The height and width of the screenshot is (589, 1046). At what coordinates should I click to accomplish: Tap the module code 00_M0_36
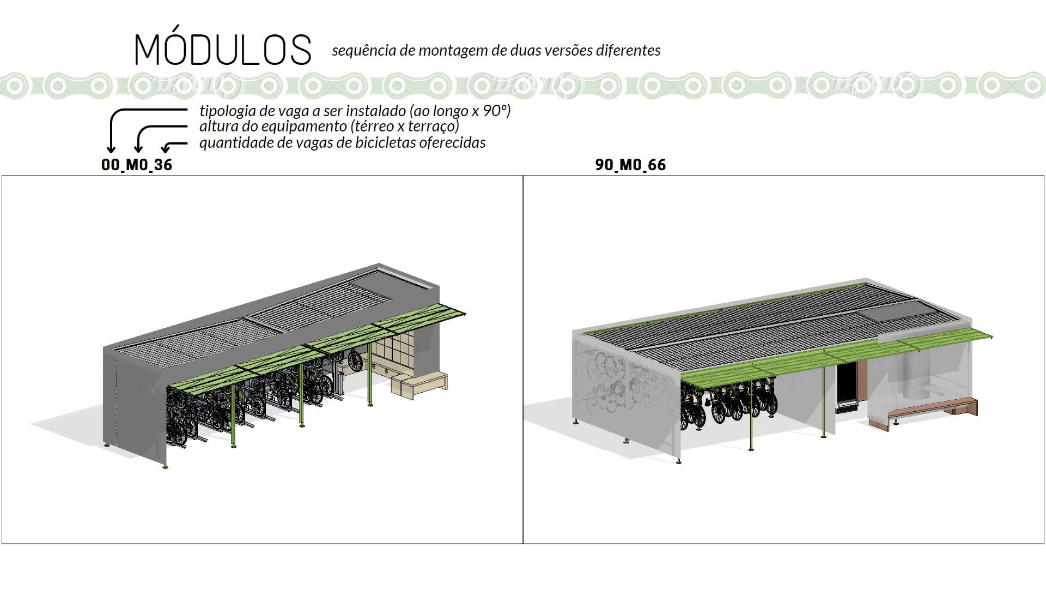tap(137, 165)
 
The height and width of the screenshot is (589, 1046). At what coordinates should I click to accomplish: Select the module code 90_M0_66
tap(630, 165)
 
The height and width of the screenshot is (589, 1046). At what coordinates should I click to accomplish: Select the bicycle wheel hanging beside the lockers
tap(355, 361)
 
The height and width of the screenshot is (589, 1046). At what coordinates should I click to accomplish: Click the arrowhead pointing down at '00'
tap(112, 149)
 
